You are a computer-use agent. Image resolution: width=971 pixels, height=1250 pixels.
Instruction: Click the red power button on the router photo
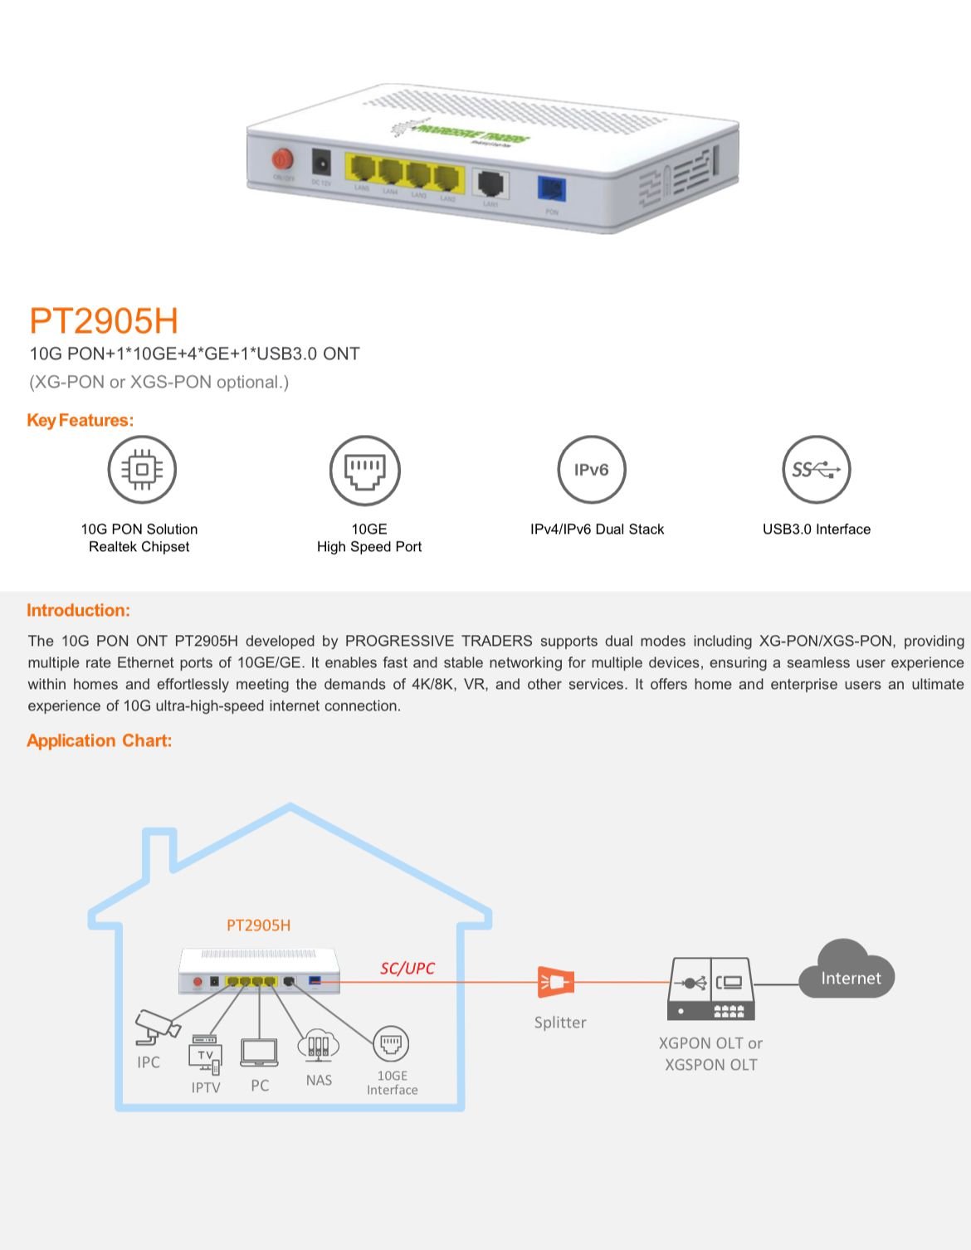coord(283,159)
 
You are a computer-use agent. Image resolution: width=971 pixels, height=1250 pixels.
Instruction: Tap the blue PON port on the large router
coord(552,190)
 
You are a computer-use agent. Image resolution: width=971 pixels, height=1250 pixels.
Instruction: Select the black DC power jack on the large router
coord(320,162)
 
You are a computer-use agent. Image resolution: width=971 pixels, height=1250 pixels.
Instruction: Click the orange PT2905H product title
coord(104,320)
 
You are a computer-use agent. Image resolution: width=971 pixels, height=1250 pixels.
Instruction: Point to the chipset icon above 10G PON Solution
coord(142,469)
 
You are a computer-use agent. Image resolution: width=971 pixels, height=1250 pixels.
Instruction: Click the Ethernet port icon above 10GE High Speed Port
coord(365,470)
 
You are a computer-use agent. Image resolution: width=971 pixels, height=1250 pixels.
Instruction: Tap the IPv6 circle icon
coord(591,470)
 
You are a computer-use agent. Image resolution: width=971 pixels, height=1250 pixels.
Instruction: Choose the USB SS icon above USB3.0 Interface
coord(817,470)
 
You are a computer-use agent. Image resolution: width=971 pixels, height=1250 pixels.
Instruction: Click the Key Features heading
coord(80,420)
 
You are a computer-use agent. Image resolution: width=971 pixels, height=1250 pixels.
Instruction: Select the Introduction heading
coord(78,610)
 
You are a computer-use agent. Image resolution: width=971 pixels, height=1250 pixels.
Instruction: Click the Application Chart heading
coord(99,740)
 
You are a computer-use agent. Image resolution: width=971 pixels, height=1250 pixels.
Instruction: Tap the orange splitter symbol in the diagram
coord(555,982)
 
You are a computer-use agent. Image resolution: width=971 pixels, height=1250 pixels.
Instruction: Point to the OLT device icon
coord(711,989)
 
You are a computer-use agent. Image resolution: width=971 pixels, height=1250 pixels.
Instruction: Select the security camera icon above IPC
coord(157,1027)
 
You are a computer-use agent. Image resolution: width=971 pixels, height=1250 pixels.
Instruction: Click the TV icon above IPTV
coord(205,1055)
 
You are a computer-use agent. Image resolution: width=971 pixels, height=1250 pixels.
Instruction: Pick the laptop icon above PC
coord(259,1052)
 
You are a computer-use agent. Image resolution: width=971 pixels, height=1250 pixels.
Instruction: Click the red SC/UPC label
coord(407,968)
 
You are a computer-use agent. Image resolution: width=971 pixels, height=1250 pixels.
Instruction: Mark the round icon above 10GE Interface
coord(391,1043)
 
